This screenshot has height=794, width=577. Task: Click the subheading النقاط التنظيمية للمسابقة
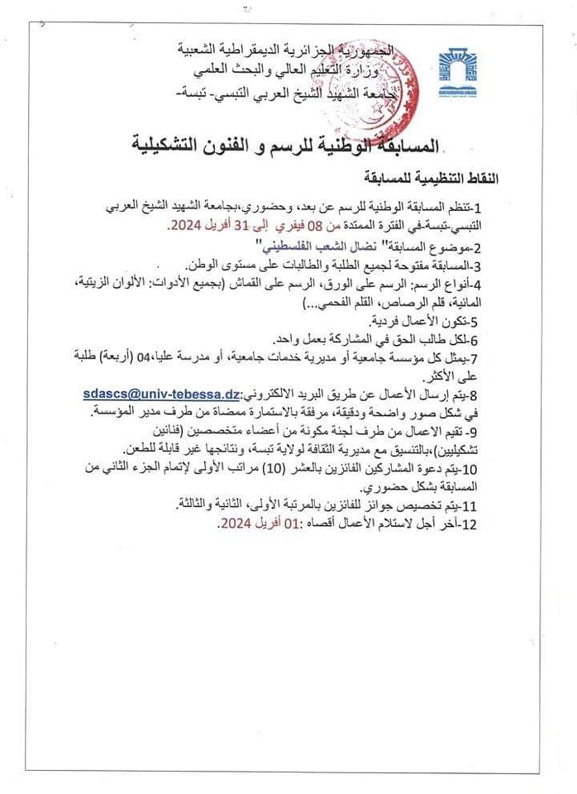tap(433, 176)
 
